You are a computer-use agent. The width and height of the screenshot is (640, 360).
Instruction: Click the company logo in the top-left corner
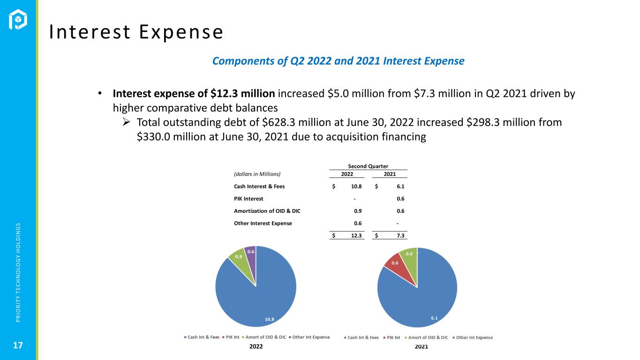pyautogui.click(x=18, y=20)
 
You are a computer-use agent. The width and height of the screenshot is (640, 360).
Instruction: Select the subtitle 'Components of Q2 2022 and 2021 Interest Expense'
pyautogui.click(x=338, y=61)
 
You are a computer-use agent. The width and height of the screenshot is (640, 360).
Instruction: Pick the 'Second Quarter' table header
pyautogui.click(x=368, y=166)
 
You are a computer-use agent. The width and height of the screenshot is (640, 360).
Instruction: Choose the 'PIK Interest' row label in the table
pyautogui.click(x=248, y=198)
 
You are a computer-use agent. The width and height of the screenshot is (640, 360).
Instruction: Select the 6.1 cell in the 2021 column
pyautogui.click(x=400, y=186)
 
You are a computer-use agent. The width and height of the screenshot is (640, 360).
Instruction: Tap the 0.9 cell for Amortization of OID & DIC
pyautogui.click(x=357, y=210)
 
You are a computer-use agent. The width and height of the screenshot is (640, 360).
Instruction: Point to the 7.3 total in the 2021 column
pyautogui.click(x=400, y=235)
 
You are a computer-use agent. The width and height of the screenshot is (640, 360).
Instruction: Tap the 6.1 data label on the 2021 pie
pyautogui.click(x=434, y=318)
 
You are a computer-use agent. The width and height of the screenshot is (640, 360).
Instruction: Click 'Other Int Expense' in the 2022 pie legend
pyautogui.click(x=311, y=337)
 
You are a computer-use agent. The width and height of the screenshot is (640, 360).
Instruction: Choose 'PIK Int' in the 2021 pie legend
pyautogui.click(x=393, y=337)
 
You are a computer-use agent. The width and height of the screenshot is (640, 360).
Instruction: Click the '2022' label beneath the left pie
pyautogui.click(x=256, y=346)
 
